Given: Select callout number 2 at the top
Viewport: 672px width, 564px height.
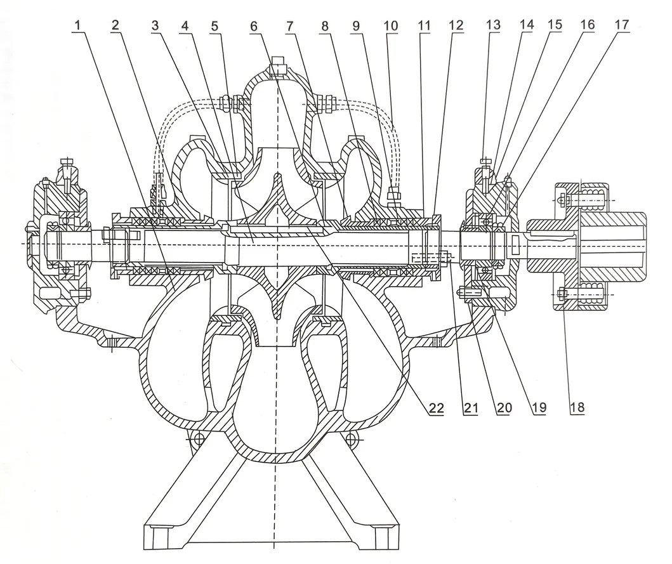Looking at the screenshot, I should click(x=115, y=26).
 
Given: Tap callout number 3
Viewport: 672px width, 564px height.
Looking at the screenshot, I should click(x=154, y=26).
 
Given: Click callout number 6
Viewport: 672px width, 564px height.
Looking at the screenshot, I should click(x=254, y=26).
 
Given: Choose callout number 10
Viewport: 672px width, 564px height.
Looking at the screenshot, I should click(x=391, y=26).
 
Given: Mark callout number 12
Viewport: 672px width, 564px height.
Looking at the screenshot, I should click(x=454, y=26).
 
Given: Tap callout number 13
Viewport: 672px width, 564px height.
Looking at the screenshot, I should click(x=492, y=26).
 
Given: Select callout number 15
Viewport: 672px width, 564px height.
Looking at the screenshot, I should click(x=554, y=26).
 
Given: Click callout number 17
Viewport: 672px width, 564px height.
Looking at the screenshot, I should click(x=621, y=26).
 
